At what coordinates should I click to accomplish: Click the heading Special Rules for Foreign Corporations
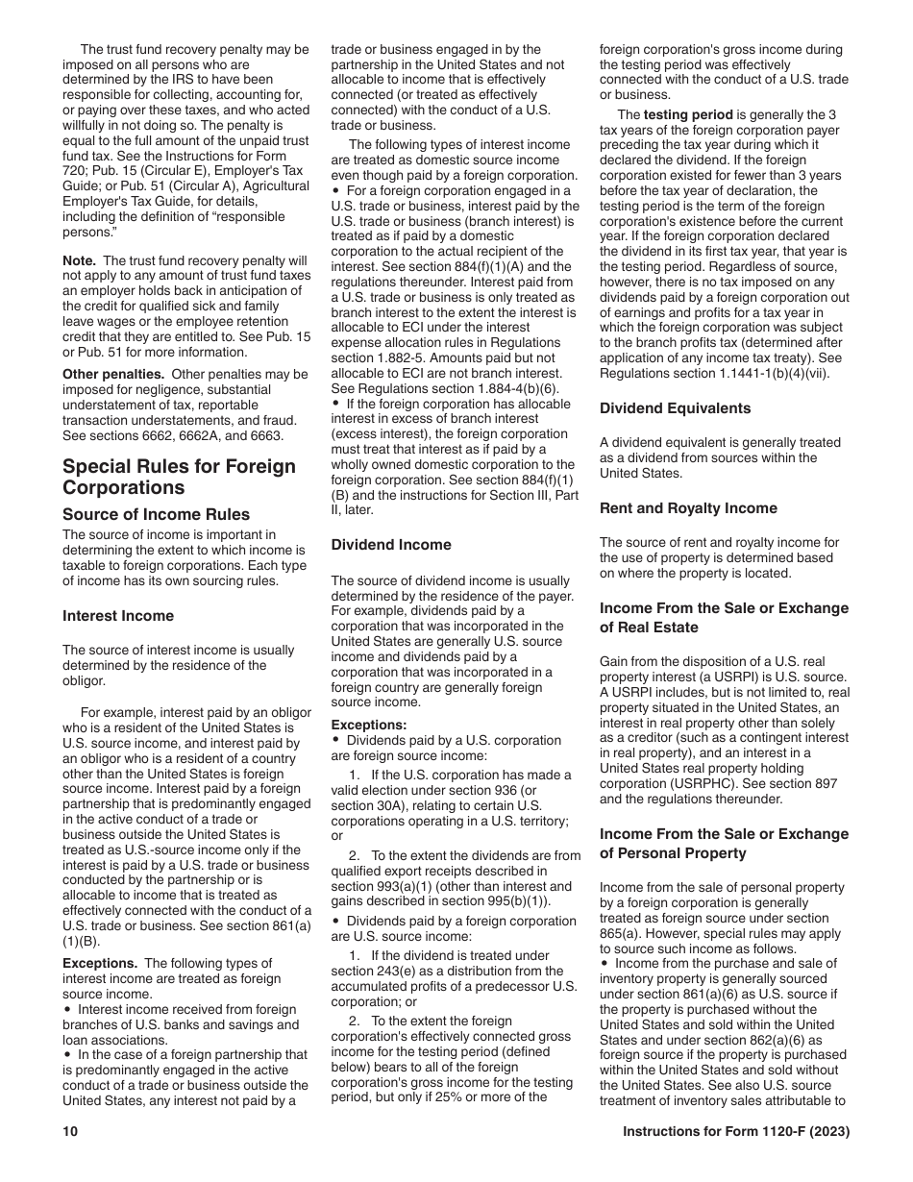179,477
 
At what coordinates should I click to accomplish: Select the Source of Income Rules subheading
156,514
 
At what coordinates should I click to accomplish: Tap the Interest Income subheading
118,616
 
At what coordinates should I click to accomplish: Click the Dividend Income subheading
391,545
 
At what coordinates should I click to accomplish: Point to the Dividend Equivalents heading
676,408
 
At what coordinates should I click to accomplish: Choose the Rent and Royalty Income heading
688,508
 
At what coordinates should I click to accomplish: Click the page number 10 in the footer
70,1132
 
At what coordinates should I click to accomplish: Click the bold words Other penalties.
105,374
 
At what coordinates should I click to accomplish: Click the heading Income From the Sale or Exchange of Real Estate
724,618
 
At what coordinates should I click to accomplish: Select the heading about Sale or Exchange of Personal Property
724,844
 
